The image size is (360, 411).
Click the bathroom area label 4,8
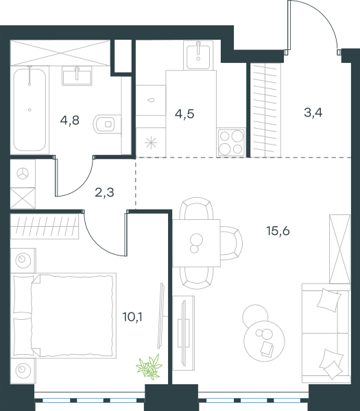(69, 121)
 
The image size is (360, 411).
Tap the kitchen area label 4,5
(184, 114)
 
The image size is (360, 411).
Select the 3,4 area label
(313, 113)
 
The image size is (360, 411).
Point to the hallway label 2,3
(104, 192)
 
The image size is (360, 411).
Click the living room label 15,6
(278, 232)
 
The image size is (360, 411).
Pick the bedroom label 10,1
(132, 317)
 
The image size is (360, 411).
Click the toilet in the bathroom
(107, 124)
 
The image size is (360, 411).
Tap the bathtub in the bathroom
(29, 110)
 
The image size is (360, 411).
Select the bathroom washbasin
(77, 76)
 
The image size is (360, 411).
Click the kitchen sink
(198, 57)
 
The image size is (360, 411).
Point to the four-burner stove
(232, 143)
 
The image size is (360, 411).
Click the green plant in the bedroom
(149, 366)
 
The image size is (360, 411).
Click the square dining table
(197, 243)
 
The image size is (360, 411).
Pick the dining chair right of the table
(231, 243)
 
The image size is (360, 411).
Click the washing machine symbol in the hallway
(23, 173)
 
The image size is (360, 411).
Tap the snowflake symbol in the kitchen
(151, 142)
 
